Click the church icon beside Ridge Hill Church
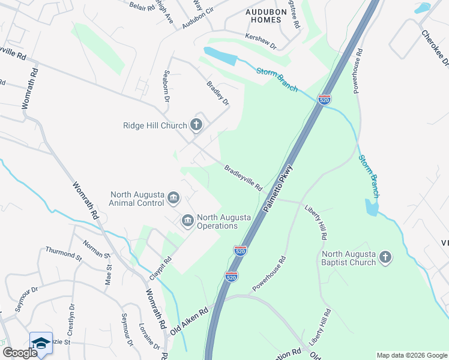click(x=196, y=125)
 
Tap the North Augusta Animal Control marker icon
click(x=173, y=197)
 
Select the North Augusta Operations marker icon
click(x=187, y=221)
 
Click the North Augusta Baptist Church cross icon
click(x=386, y=258)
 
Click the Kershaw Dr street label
click(x=260, y=41)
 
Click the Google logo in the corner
click(x=20, y=353)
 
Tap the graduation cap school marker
click(x=41, y=343)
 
